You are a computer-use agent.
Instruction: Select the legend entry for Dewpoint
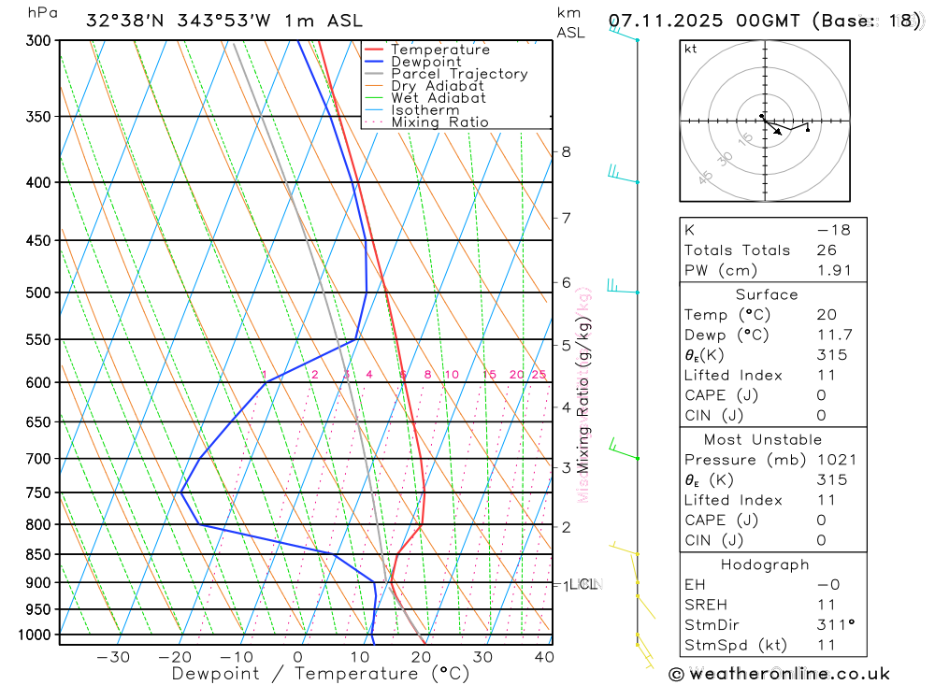pos(425,62)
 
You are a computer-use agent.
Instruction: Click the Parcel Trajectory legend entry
pos(458,74)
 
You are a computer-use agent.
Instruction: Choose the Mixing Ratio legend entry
pos(439,121)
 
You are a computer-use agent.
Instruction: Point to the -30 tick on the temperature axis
pos(113,657)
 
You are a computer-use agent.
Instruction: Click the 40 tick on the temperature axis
pos(543,657)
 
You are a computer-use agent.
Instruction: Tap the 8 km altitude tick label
pos(566,151)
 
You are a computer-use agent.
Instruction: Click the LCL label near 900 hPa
pos(583,585)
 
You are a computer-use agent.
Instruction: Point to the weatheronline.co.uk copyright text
pos(780,674)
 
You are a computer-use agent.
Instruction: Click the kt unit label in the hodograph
pos(690,49)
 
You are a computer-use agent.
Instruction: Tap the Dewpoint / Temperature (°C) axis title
pos(320,673)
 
